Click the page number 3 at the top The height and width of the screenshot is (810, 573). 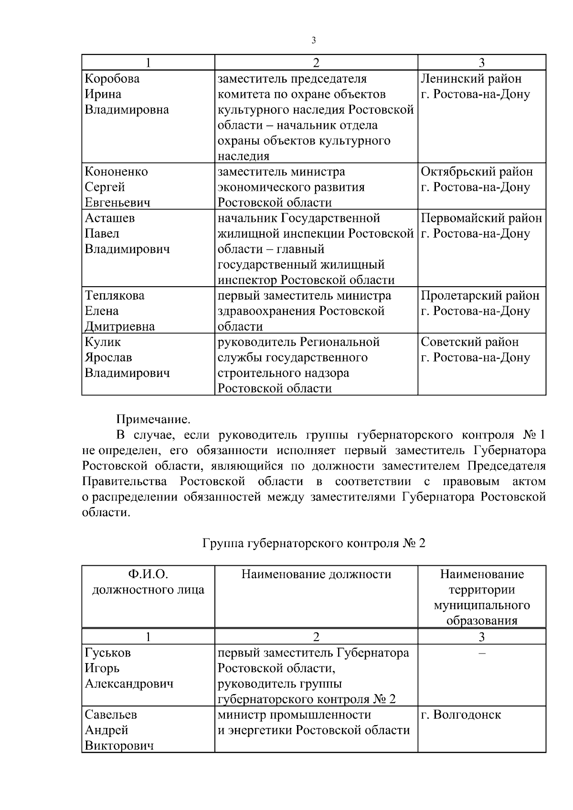314,41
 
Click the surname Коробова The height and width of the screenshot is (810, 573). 112,79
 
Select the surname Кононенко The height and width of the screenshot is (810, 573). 116,172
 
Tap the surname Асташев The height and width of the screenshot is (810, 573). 110,218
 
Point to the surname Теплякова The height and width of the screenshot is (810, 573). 115,296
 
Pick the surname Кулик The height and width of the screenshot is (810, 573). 103,342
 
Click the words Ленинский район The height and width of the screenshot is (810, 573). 471,79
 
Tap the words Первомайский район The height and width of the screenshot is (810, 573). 481,218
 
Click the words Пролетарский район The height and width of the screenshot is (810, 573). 480,296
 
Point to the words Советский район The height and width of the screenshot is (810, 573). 469,342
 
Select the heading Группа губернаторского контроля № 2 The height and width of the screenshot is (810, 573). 314,543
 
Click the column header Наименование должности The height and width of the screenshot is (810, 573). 316,574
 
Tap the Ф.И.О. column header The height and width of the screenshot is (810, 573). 148,574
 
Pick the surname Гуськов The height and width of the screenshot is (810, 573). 107,653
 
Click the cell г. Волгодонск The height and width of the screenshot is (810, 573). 461,715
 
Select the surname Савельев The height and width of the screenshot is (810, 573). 111,715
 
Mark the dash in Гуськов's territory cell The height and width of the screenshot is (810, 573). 482,653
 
